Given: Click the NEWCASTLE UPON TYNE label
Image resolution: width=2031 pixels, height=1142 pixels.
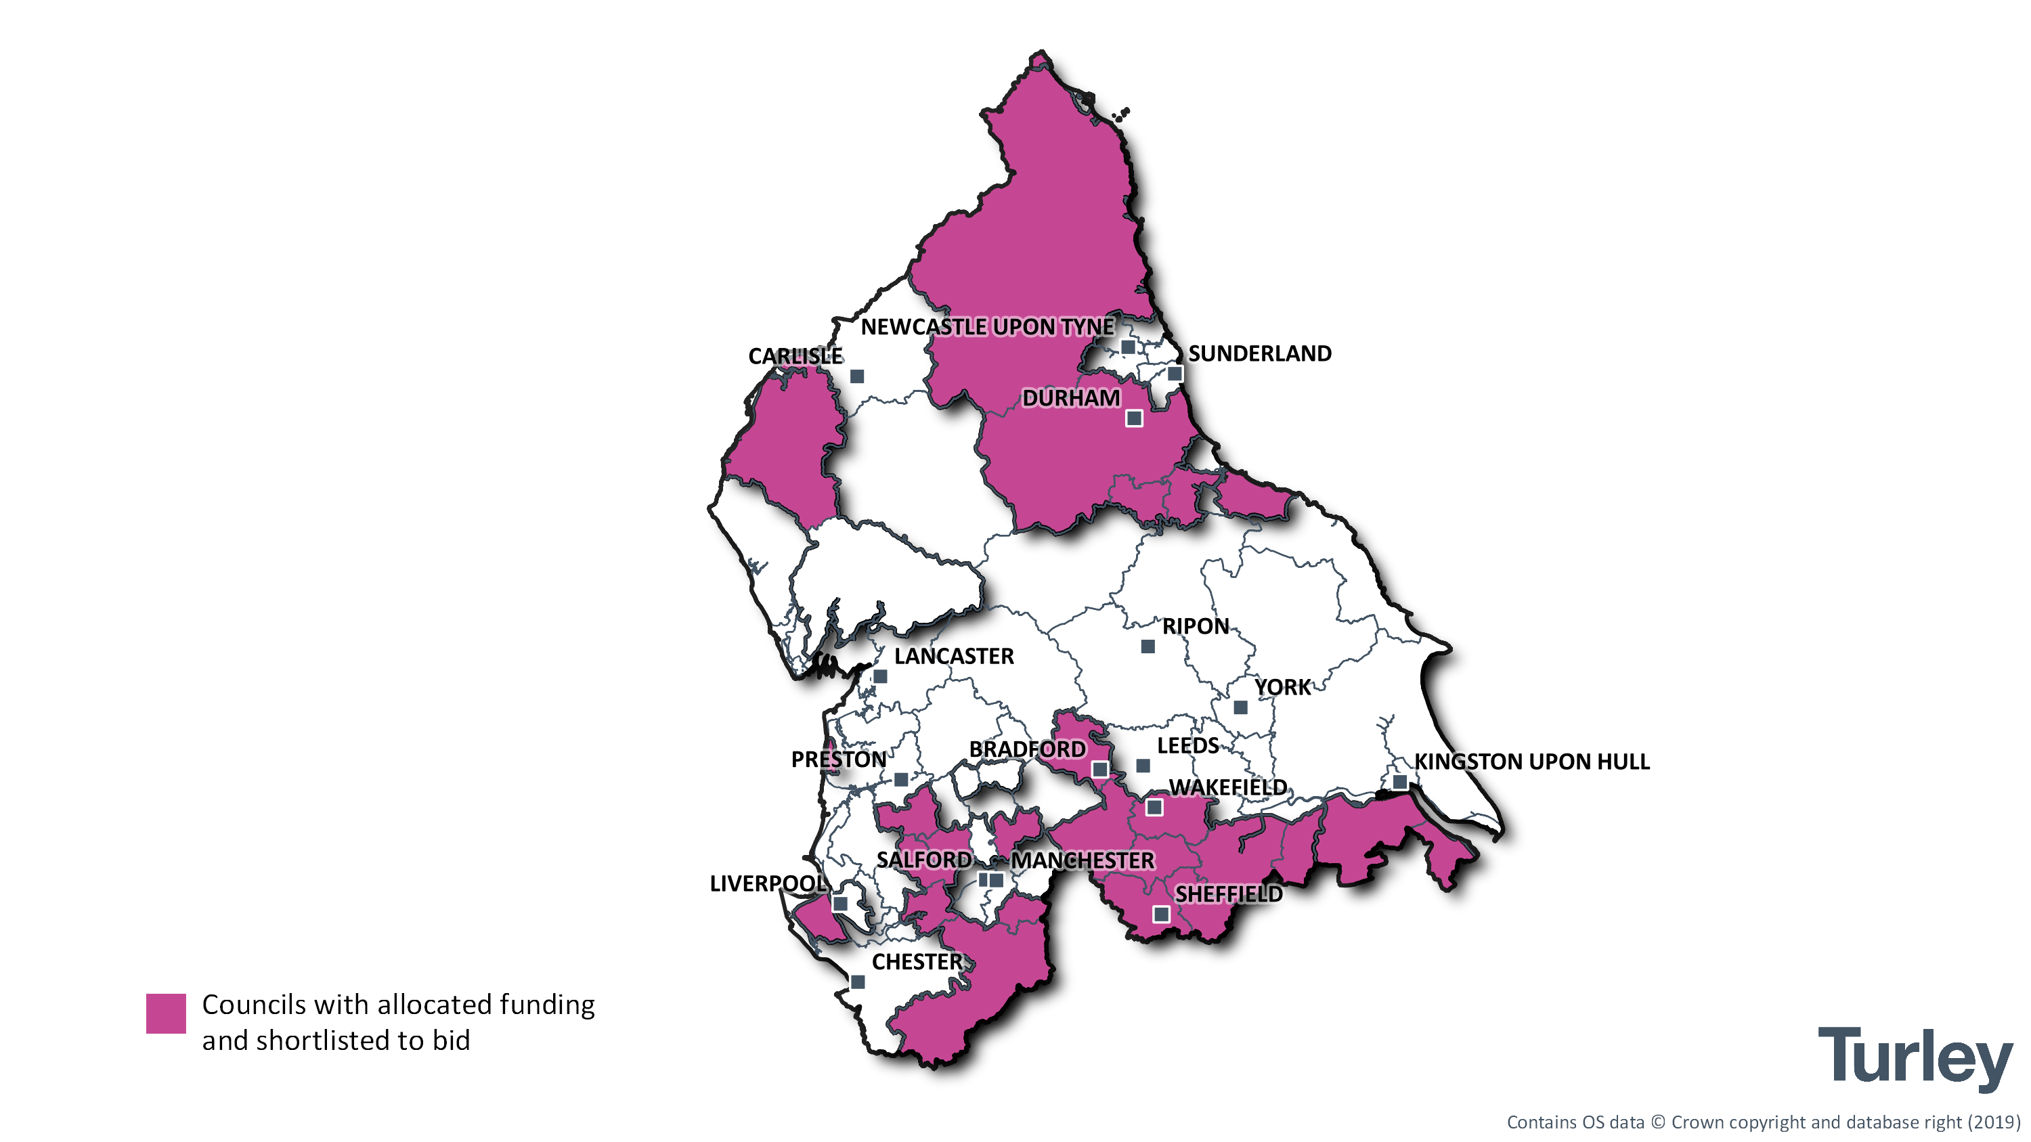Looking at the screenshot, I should (987, 327).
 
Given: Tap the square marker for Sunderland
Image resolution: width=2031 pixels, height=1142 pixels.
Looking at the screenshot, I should (1175, 374).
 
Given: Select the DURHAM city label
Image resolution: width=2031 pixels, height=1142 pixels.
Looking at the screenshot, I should (1071, 398).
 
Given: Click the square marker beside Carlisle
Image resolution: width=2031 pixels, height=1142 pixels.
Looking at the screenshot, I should (857, 377).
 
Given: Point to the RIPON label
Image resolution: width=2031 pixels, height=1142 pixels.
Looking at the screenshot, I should (1196, 627).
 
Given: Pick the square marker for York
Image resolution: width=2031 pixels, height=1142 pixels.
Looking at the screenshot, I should (1240, 707).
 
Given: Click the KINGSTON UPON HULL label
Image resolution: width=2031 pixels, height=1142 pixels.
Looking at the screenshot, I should (1531, 762).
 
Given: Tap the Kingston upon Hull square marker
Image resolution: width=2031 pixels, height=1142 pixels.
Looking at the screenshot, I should (1399, 783).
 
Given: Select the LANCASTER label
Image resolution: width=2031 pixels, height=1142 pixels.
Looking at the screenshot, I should (954, 657).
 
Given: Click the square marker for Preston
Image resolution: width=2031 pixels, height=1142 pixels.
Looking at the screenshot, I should (901, 779).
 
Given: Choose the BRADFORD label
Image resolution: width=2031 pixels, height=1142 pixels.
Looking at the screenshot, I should (1026, 749).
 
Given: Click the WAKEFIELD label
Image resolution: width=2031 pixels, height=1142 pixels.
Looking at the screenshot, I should (1227, 787).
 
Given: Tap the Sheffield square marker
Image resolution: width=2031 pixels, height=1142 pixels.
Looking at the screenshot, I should (1161, 915).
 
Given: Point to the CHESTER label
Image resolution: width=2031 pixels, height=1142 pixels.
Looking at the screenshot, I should (917, 963).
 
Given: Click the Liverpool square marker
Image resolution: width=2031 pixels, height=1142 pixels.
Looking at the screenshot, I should (840, 903).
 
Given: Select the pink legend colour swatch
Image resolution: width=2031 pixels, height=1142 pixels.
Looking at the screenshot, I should (166, 1013).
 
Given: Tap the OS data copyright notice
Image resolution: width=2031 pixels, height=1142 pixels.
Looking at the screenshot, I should (1764, 1122).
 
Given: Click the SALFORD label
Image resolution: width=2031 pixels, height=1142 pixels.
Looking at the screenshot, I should (924, 860).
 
